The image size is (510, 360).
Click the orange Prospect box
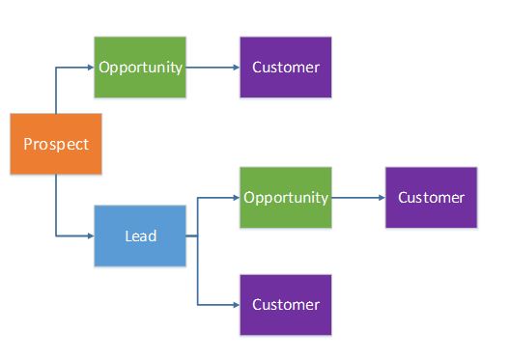pos(56,145)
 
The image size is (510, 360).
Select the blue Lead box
pos(140,235)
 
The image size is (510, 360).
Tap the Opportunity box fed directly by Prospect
pos(140,68)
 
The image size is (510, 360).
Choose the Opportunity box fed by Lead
pos(286,197)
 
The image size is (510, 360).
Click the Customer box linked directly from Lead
pos(286,304)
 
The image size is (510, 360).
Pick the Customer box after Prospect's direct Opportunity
pos(286,68)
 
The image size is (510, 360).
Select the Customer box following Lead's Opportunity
pos(431,197)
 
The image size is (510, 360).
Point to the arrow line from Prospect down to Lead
pos(56,208)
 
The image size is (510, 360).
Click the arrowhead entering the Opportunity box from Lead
pos(235,197)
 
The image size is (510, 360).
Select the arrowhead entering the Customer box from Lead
pos(235,304)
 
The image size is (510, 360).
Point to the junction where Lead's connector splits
pos(198,235)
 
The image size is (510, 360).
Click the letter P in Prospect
pos(28,145)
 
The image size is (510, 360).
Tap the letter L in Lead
pos(128,235)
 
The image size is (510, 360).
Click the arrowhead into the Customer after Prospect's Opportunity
pos(235,68)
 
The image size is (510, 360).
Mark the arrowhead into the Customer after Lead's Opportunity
pos(381,197)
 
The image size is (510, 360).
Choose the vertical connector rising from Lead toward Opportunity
pos(198,216)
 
